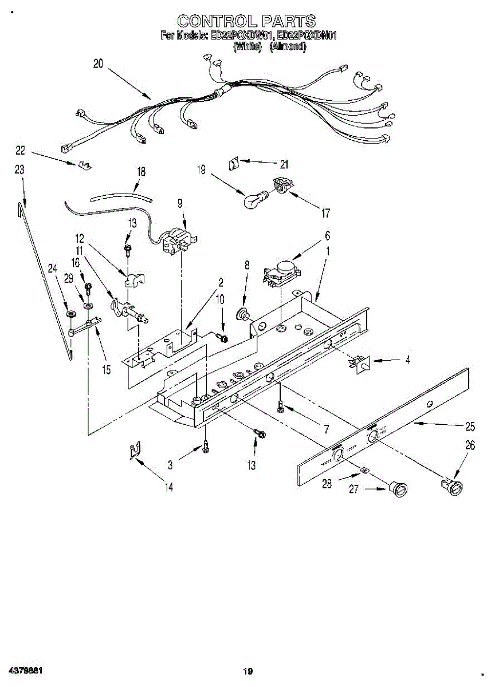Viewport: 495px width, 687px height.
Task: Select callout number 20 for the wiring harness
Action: pyautogui.click(x=98, y=65)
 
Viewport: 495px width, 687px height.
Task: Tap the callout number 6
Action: pyautogui.click(x=327, y=235)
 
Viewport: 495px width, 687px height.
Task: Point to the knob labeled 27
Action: pyautogui.click(x=397, y=489)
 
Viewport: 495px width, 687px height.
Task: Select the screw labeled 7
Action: pyautogui.click(x=280, y=406)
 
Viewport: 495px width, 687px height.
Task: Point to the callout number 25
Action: pyautogui.click(x=470, y=426)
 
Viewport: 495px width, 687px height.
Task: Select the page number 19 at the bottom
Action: pyautogui.click(x=247, y=672)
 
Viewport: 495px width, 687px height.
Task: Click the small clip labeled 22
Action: pyautogui.click(x=84, y=165)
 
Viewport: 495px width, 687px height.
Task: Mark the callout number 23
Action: pyautogui.click(x=19, y=169)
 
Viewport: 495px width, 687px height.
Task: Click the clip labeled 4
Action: pyautogui.click(x=360, y=362)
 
